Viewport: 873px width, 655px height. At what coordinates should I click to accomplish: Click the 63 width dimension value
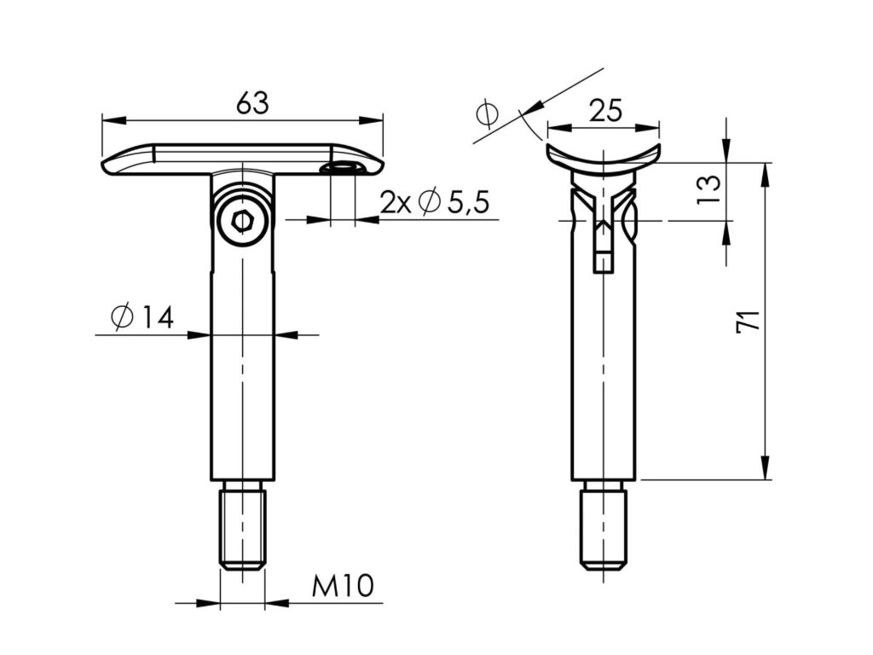pyautogui.click(x=252, y=103)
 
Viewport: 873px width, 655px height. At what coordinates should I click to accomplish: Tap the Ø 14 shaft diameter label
pyautogui.click(x=142, y=317)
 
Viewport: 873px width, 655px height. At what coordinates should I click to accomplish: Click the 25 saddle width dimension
pyautogui.click(x=605, y=110)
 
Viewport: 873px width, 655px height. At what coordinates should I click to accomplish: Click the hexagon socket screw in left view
pyautogui.click(x=243, y=222)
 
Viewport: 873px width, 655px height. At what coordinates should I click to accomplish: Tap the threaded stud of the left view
pyautogui.click(x=243, y=525)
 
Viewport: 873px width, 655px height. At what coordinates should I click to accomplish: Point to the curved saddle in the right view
pyautogui.click(x=604, y=158)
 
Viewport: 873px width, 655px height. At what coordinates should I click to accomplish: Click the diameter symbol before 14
pyautogui.click(x=120, y=317)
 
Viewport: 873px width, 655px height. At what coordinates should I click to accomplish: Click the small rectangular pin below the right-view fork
pyautogui.click(x=604, y=261)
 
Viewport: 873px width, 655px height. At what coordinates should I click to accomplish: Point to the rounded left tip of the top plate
pyautogui.click(x=107, y=165)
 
